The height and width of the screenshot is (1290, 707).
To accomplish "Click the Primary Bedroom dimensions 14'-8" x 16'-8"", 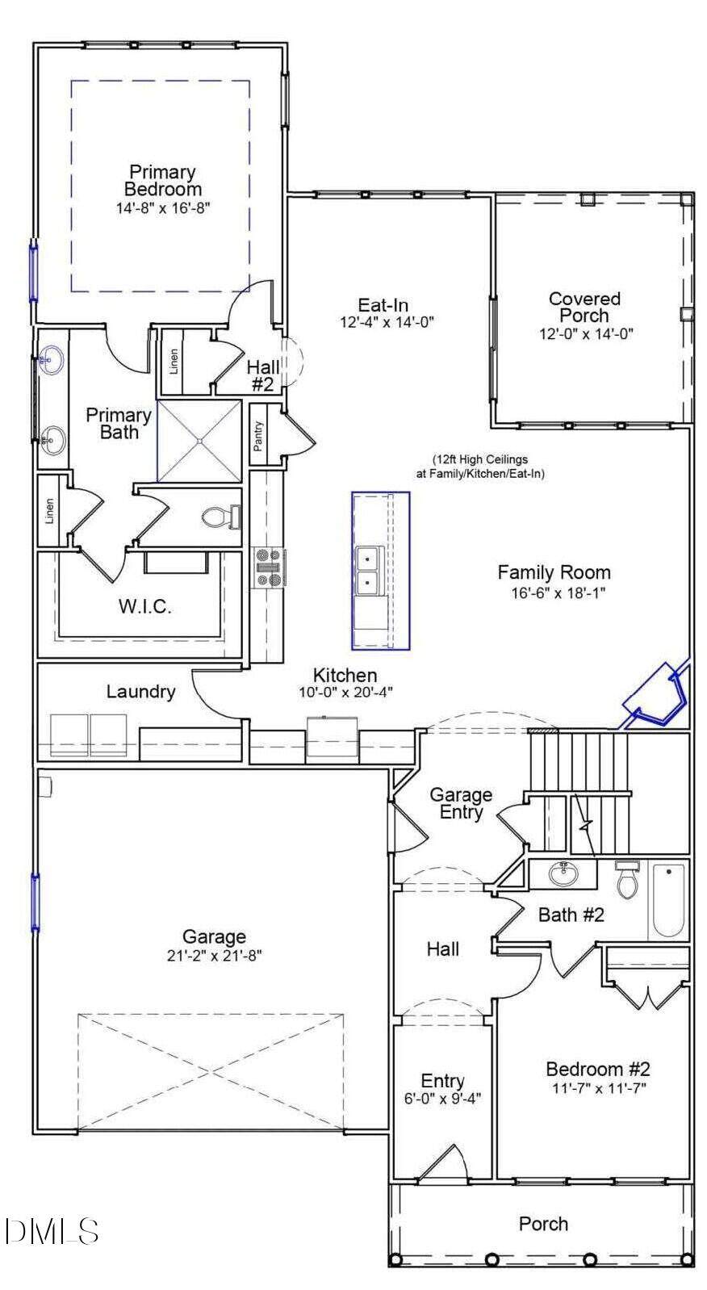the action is coord(164,208).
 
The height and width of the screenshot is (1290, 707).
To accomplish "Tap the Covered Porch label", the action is coord(584,307).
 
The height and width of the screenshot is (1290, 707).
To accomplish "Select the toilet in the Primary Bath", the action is coord(222,516).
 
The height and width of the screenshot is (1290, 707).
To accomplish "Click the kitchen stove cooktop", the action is coord(268,568).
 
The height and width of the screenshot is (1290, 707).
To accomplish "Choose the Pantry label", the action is coord(258,435).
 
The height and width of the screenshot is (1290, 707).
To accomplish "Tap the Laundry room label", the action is coord(140,692).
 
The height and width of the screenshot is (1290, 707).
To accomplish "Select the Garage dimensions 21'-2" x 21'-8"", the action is coord(214,956).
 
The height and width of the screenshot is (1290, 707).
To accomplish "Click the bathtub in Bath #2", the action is coord(668,900).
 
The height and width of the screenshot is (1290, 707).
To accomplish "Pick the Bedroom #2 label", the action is coord(597,1069).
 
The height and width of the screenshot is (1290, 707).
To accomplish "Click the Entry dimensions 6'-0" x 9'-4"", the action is coord(442,1099).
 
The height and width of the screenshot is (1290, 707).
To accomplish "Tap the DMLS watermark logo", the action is coord(52,1231).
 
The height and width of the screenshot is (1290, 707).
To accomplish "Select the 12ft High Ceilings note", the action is coord(480,467).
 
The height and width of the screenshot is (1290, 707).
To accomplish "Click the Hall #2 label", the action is coord(263,375).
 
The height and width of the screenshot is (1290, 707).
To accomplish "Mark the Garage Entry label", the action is coord(461,803).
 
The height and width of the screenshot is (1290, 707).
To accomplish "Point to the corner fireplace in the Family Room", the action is coord(656,696).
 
